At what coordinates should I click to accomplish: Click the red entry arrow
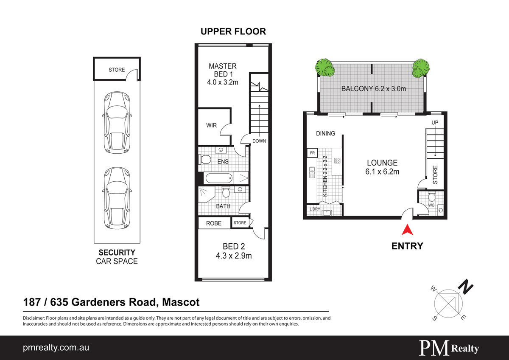407,230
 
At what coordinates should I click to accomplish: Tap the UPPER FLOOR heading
233,31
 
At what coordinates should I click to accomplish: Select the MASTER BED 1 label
223,70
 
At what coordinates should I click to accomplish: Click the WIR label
211,126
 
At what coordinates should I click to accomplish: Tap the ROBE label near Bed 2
214,223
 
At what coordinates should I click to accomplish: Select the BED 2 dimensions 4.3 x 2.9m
234,256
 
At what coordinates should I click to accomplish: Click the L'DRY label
314,209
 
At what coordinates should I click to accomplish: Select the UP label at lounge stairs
435,123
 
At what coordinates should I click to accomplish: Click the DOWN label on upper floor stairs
258,141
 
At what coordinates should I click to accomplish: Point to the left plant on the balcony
325,67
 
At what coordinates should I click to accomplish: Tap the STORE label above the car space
117,70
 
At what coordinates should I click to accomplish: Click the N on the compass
467,288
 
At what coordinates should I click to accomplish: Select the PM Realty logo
449,348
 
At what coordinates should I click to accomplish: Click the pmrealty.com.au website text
56,348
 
